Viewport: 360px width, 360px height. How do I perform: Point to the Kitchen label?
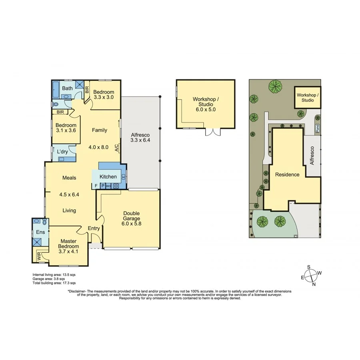(x=108, y=176)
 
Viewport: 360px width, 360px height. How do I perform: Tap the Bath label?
(x=67, y=88)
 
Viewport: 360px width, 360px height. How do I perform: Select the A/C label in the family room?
(x=116, y=148)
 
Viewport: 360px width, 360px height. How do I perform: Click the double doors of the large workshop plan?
(x=211, y=132)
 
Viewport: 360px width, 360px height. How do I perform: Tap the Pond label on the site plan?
(x=318, y=128)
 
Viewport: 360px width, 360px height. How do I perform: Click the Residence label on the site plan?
(x=287, y=174)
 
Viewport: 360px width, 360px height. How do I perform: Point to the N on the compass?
(x=314, y=284)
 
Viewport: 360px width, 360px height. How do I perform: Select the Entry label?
(x=94, y=228)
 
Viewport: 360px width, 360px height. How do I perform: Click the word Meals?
(x=69, y=178)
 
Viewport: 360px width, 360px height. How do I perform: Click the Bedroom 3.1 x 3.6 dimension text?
(x=66, y=130)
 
